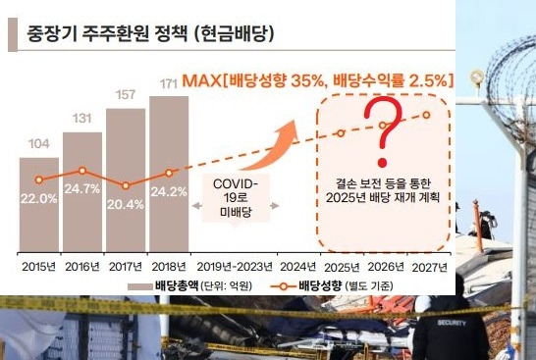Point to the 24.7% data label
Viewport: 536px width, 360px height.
[82, 187]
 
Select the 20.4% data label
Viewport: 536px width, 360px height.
[126, 204]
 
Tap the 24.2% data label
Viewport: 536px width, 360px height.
[169, 192]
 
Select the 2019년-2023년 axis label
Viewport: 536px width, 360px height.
[235, 266]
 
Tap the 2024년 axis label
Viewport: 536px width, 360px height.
[298, 266]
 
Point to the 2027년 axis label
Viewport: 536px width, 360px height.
[427, 266]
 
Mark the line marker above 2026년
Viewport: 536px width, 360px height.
[384, 123]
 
